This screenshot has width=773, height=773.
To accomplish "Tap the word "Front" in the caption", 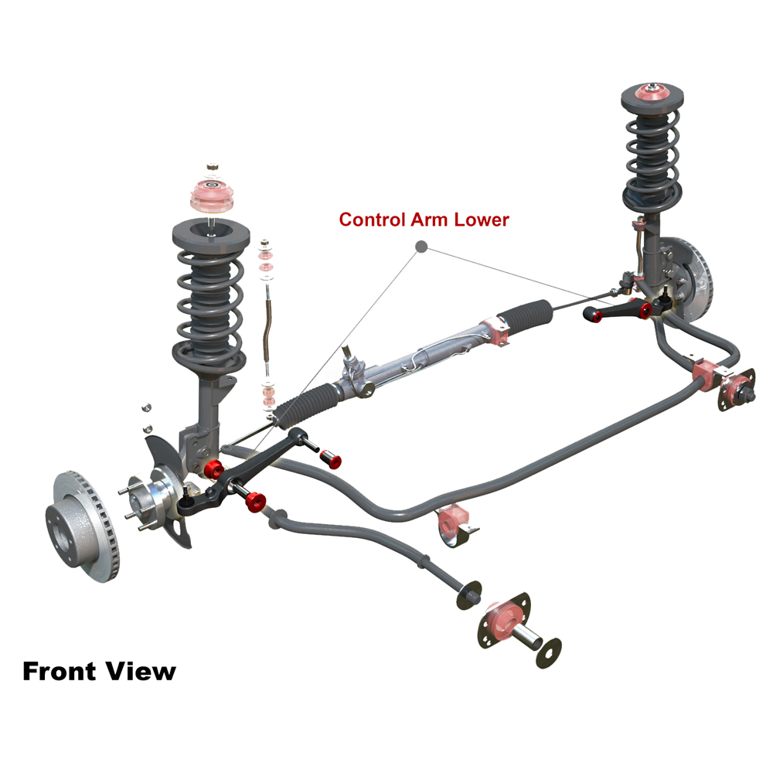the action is click(60, 672).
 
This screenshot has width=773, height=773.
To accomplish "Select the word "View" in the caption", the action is click(141, 672).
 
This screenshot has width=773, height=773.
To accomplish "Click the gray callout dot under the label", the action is click(421, 247).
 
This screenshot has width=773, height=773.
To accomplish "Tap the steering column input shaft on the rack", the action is click(349, 356).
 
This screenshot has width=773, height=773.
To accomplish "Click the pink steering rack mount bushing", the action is click(495, 332).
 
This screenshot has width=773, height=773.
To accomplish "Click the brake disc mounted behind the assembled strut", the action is click(693, 281).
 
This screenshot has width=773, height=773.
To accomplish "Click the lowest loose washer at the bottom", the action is click(549, 652).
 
